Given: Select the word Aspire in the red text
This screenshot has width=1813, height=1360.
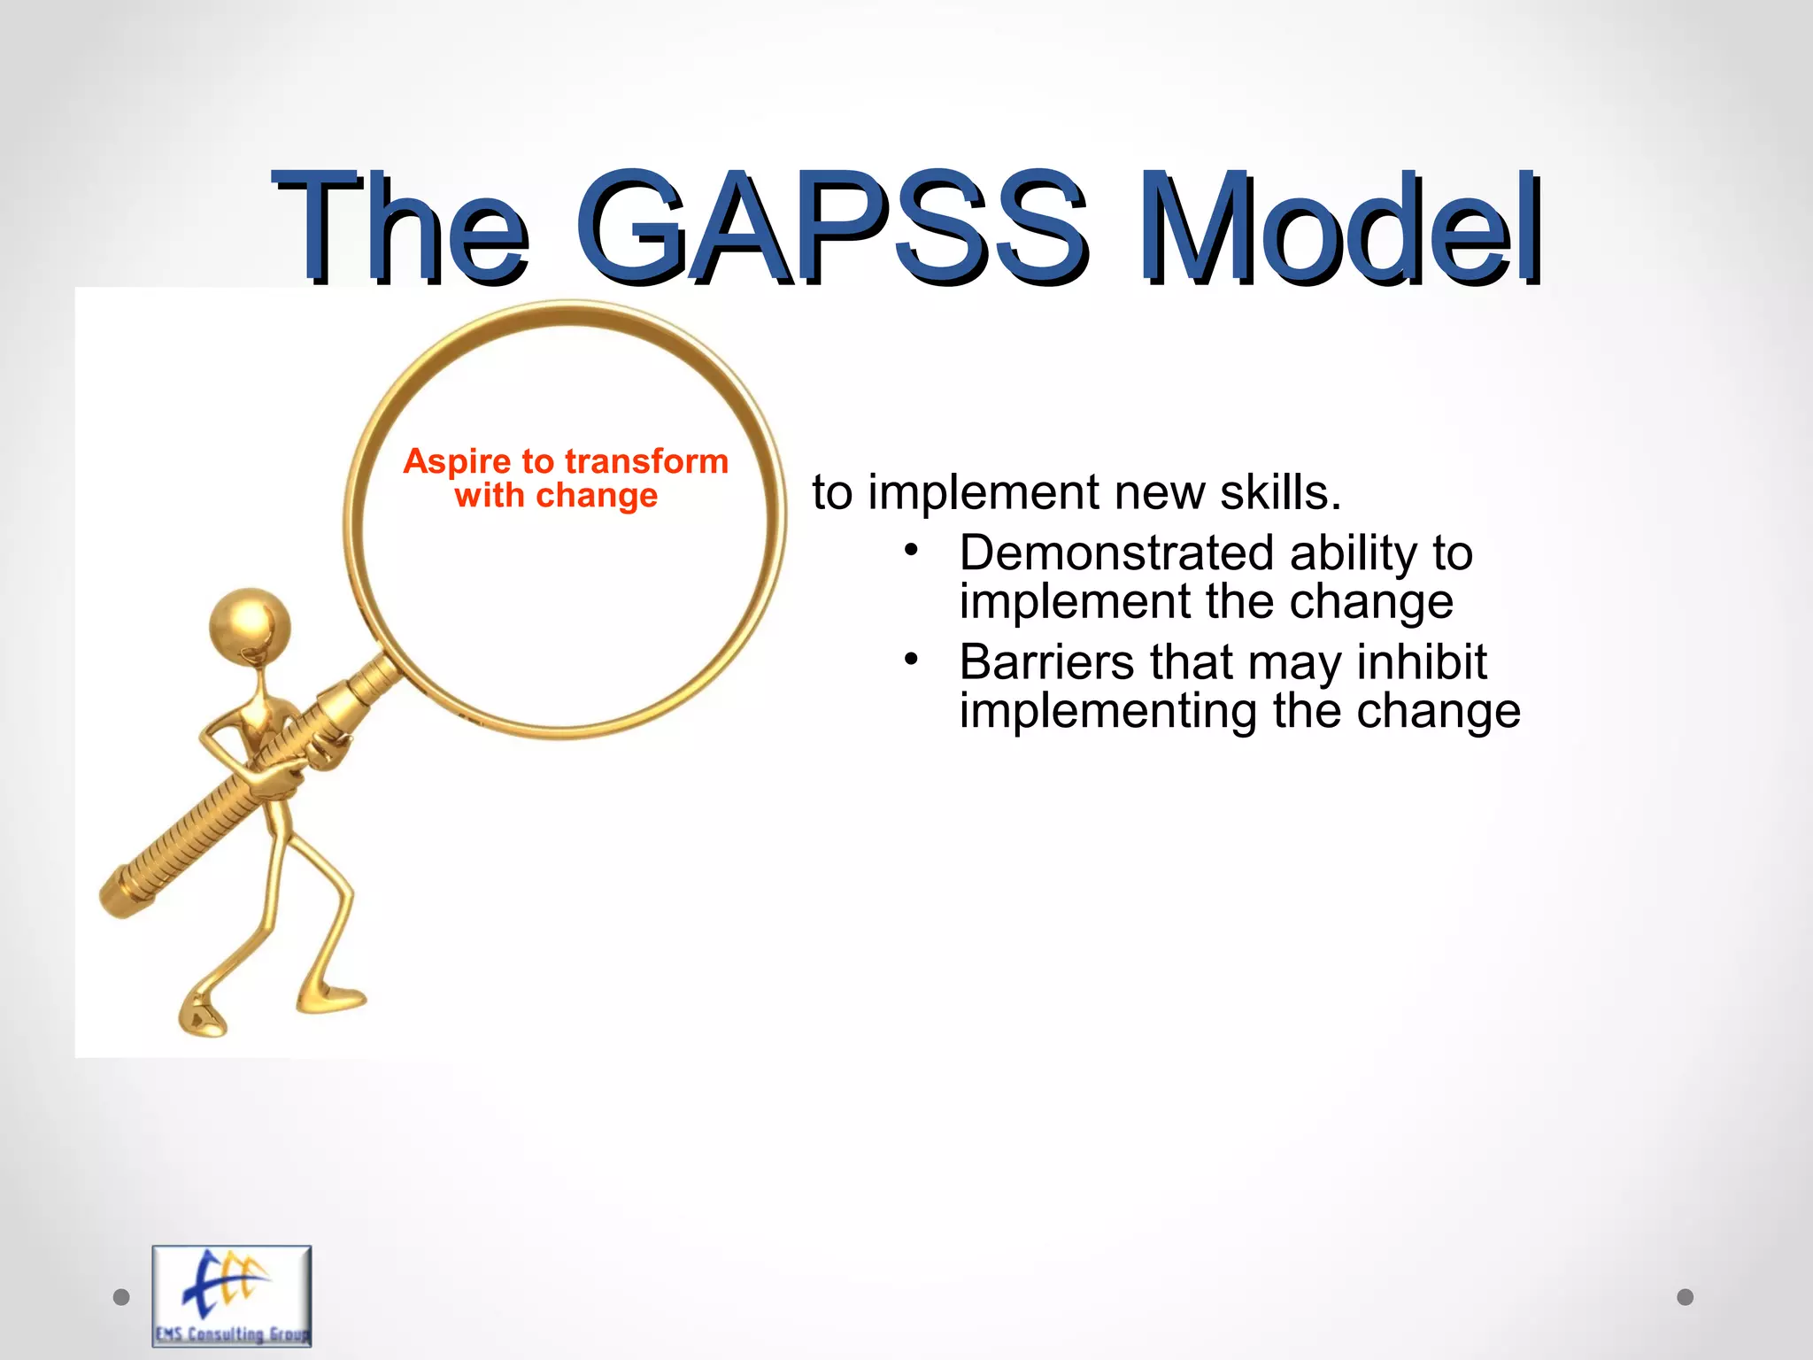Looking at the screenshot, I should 457,462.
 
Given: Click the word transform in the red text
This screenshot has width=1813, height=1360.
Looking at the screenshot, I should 646,462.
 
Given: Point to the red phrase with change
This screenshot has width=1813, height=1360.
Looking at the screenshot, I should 556,496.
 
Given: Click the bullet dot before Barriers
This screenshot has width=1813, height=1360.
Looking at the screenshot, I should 911,660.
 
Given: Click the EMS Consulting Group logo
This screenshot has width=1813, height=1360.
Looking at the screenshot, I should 232,1295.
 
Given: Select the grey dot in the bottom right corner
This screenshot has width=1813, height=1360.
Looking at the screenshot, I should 1686,1297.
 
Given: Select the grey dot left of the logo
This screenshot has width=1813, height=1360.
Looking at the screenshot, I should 122,1297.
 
